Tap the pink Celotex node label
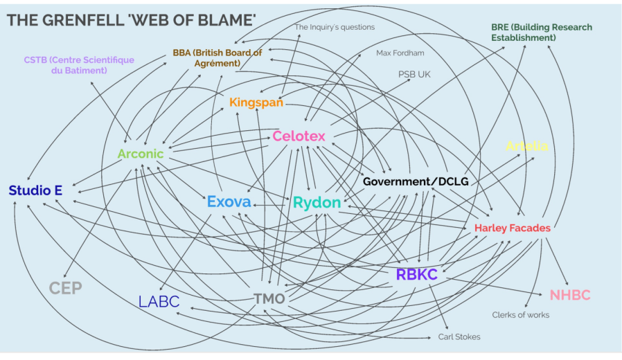point(299,136)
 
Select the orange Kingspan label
point(256,103)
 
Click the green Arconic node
point(140,154)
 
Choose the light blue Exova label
point(229,202)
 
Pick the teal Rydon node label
point(317,203)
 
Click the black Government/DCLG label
point(416,181)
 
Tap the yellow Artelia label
point(527,146)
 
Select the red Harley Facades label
point(513,228)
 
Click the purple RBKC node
point(416,274)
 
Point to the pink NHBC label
point(570,295)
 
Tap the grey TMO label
point(269,299)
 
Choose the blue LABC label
point(159,301)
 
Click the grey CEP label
point(66,288)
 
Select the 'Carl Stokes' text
point(459,336)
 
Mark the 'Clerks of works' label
point(520,315)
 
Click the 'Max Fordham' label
point(400,53)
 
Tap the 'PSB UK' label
point(414,73)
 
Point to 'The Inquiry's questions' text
point(335,28)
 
